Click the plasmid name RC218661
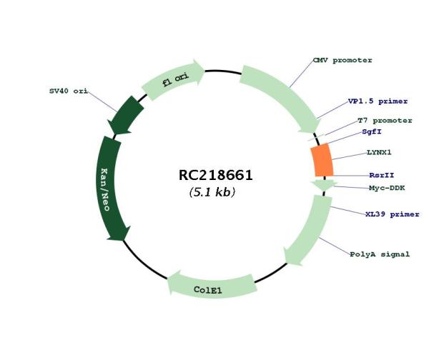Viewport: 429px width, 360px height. tap(215, 175)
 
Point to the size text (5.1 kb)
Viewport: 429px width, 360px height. tap(212, 192)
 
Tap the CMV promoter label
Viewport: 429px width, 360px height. tap(342, 60)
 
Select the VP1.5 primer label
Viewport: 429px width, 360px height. tap(378, 101)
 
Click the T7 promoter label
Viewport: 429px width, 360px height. tap(385, 121)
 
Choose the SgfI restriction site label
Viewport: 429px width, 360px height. tap(372, 131)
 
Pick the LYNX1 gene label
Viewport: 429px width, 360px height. tap(379, 152)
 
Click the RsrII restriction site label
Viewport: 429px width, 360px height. tap(382, 175)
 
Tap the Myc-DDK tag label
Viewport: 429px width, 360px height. tap(387, 188)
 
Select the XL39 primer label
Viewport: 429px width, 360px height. tap(393, 214)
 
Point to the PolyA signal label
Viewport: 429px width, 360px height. tap(380, 254)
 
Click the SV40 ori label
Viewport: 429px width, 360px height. tap(69, 91)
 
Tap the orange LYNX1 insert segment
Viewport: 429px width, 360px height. tap(322, 160)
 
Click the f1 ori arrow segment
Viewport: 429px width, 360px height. tap(173, 79)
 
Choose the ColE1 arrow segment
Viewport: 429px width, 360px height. tap(212, 285)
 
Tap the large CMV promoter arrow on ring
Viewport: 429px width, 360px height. tap(285, 96)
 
